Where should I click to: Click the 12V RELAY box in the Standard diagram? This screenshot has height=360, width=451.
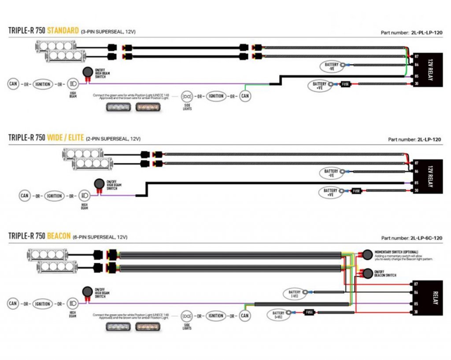pos(429,70)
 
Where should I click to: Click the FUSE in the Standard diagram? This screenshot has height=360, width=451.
pos(346,84)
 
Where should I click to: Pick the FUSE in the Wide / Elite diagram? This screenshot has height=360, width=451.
pos(357,191)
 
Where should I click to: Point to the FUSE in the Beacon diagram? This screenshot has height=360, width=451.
pos(310,312)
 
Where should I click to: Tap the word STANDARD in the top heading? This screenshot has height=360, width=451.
pos(63,31)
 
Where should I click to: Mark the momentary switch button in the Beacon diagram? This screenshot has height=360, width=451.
pos(366,254)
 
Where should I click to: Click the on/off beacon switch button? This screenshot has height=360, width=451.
pos(366,273)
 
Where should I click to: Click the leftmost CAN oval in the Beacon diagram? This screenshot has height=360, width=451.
pos(13,304)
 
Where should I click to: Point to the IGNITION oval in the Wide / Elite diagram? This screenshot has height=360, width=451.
pos(54,196)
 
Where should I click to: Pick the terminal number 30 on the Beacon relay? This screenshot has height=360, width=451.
pos(416,312)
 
